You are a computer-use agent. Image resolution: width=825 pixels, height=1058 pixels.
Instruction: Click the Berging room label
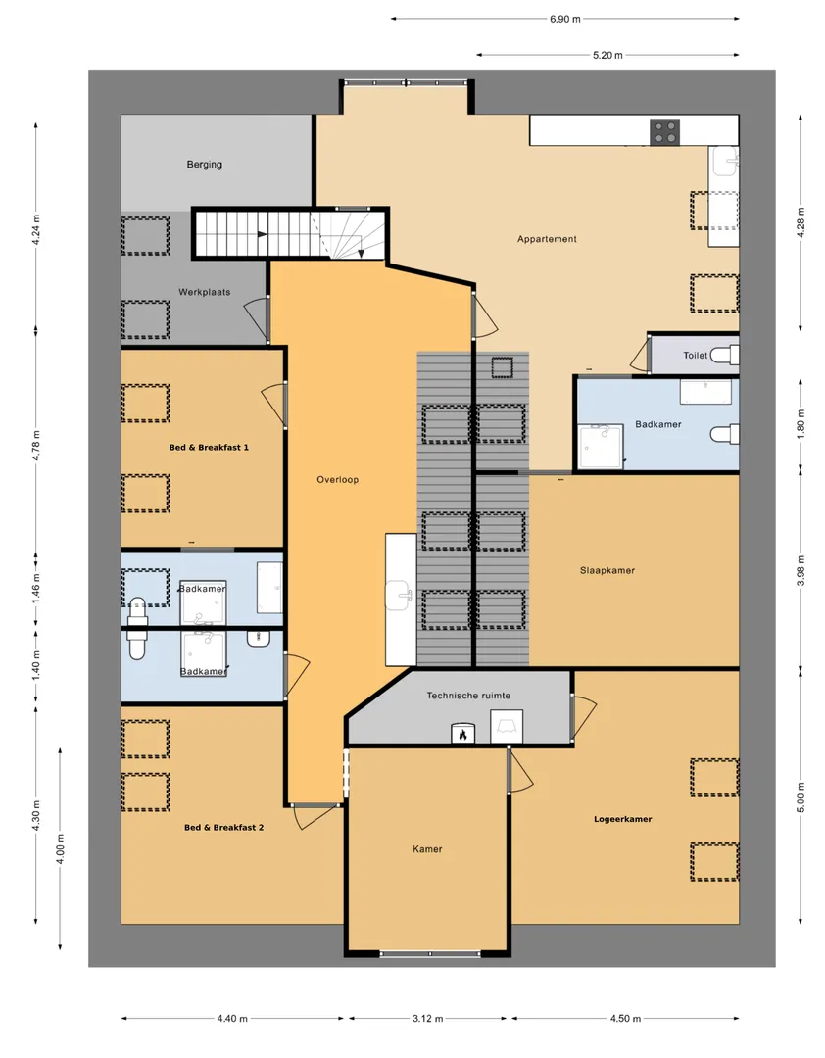pos(205,164)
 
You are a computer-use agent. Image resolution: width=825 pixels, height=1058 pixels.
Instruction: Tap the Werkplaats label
pos(205,292)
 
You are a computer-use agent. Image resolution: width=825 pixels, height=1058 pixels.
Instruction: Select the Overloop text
pos(338,480)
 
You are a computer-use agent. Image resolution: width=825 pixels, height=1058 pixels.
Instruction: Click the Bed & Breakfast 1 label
pos(209,448)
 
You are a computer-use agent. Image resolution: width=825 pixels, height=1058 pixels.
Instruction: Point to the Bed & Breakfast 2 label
pos(224,827)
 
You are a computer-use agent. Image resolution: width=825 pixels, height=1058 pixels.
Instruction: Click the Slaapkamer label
pos(607,570)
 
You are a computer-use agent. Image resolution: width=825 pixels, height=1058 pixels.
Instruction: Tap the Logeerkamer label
pos(623,819)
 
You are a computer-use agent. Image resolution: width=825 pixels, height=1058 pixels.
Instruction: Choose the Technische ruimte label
pos(468,695)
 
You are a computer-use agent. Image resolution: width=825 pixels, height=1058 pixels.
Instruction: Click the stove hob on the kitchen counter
pos(665,132)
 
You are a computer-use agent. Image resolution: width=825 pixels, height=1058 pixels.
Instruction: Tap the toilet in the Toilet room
pos(725,355)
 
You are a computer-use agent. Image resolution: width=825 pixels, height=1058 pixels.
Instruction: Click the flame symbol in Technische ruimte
pos(463,734)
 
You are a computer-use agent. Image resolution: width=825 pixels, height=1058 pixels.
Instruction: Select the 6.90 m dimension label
pos(565,19)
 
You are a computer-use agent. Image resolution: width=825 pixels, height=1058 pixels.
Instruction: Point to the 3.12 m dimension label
pos(428,1018)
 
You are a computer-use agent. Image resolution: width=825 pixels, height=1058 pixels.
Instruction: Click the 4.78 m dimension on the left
pos(36,444)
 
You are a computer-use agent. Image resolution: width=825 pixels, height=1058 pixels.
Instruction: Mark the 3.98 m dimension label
pos(801,569)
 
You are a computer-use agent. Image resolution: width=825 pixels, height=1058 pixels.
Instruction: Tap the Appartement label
pos(547,239)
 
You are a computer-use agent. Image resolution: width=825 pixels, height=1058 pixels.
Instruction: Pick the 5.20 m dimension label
pos(607,55)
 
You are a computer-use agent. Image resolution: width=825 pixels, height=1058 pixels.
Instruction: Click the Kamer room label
pos(427,849)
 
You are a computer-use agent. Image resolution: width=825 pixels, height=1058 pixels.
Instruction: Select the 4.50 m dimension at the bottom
pos(625,1018)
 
